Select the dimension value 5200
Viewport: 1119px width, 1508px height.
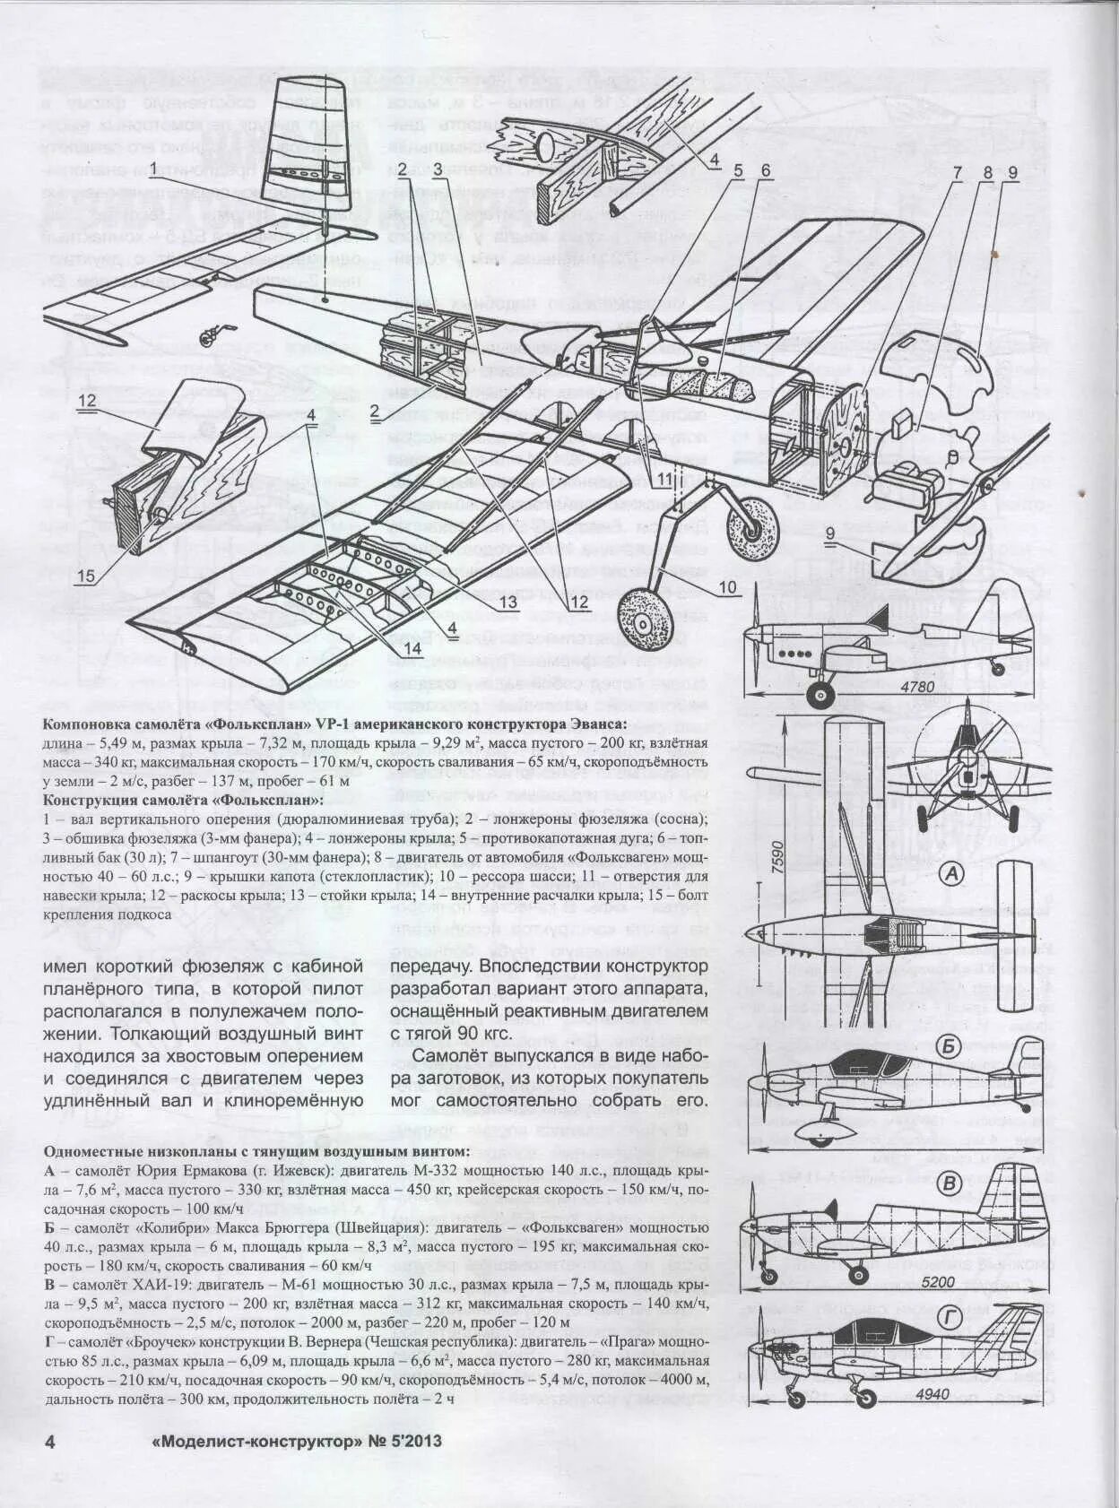[938, 1282]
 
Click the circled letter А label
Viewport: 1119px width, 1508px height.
[951, 873]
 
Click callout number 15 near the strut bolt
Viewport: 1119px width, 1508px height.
[85, 576]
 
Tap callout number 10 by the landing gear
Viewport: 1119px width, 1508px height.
[726, 587]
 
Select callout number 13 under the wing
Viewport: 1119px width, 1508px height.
[507, 602]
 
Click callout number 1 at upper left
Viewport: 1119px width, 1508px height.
[153, 168]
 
